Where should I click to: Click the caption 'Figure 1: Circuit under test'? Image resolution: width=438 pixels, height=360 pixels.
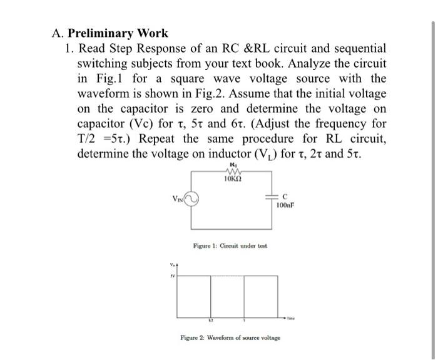coord(230,246)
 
